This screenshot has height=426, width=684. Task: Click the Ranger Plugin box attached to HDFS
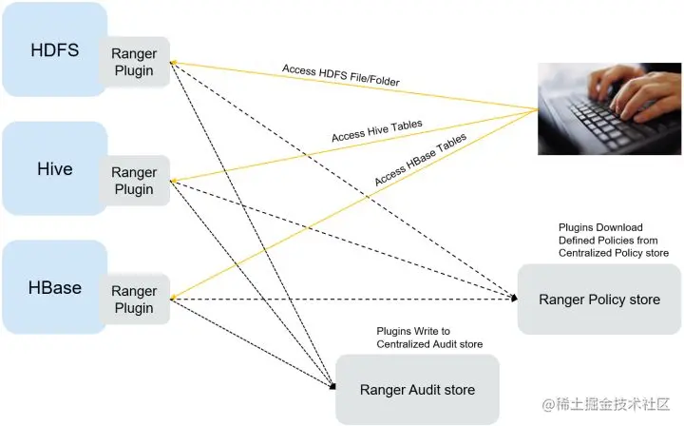coord(134,62)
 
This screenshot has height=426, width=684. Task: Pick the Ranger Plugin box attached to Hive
coord(134,181)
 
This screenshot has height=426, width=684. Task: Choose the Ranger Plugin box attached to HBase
coord(134,300)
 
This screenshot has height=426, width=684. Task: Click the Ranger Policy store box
coord(598,300)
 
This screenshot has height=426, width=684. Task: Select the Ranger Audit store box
coord(417,389)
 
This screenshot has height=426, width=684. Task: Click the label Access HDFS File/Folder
coord(340,76)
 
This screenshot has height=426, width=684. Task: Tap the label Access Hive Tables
coord(376,131)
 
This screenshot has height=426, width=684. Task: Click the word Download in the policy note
coord(622,227)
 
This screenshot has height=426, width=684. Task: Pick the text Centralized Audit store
coord(429,343)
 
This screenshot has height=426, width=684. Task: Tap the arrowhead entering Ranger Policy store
coord(515,299)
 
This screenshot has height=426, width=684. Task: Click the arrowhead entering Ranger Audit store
coord(332,387)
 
